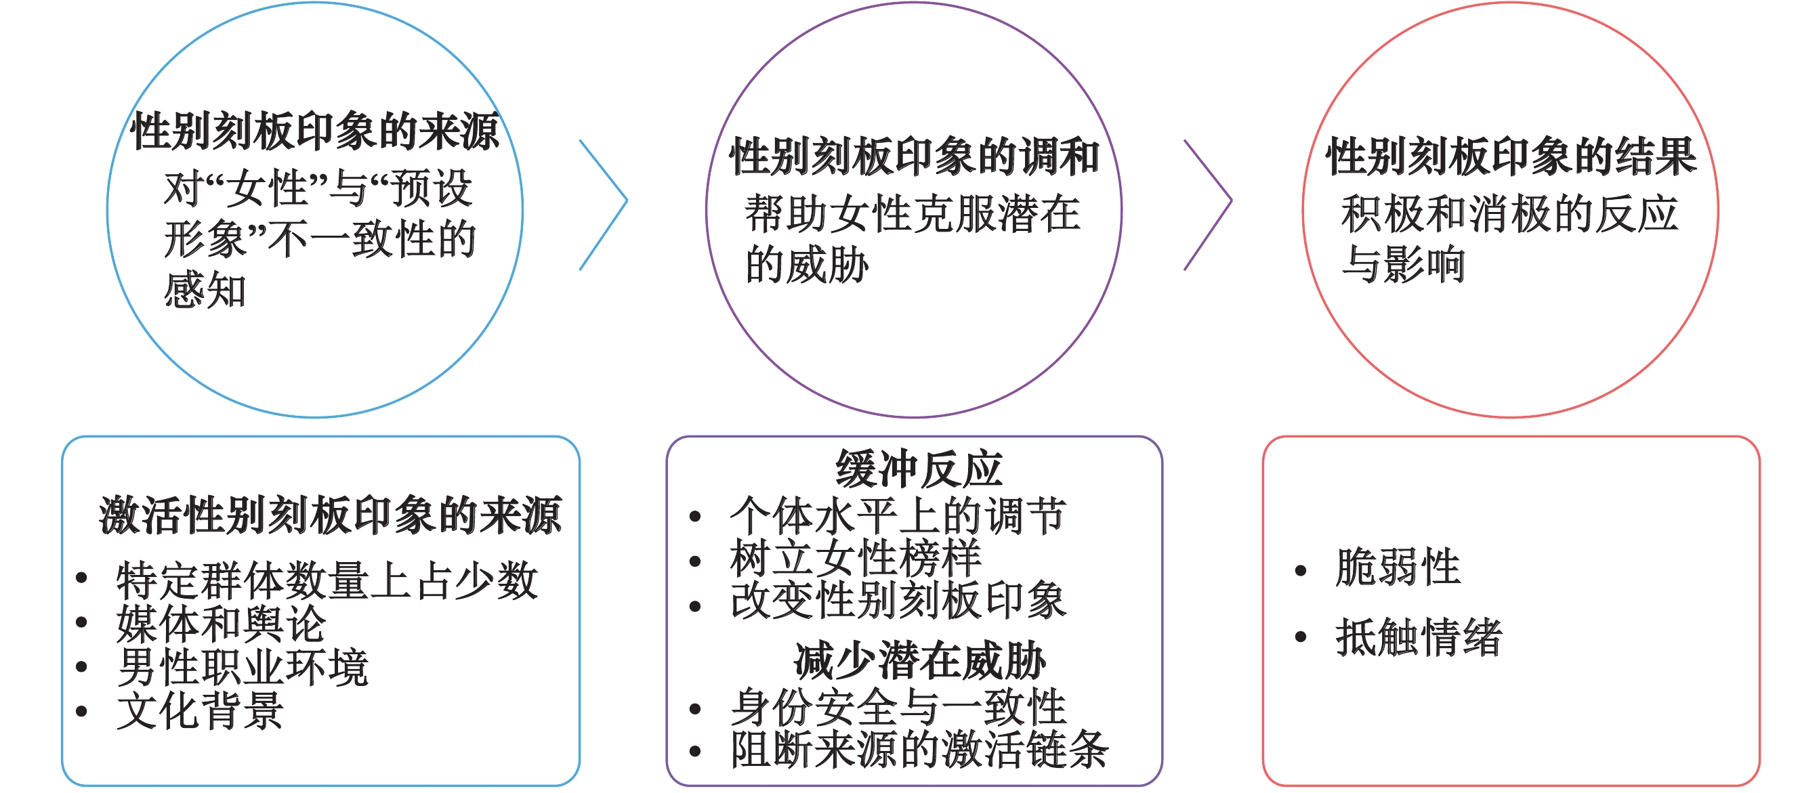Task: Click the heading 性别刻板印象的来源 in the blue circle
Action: tap(314, 131)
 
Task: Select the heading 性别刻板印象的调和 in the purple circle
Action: tap(914, 156)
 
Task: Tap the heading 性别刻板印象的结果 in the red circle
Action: tap(1511, 156)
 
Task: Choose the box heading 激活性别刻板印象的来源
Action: tap(330, 515)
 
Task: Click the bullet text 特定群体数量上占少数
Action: tap(327, 580)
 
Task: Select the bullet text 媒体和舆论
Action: tap(221, 623)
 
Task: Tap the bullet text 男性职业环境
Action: tap(243, 667)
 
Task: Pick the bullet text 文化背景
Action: tap(200, 711)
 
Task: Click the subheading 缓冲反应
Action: tap(918, 469)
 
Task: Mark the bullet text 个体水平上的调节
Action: tap(898, 516)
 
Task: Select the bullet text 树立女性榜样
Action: tap(855, 559)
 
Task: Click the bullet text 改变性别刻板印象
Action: tap(898, 601)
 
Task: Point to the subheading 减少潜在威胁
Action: tap(919, 661)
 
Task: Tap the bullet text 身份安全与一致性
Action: tap(898, 707)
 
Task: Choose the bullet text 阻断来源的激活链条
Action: tap(919, 750)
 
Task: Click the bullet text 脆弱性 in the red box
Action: tap(1398, 567)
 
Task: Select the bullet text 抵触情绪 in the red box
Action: tap(1419, 637)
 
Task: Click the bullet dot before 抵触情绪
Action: tap(1301, 637)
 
